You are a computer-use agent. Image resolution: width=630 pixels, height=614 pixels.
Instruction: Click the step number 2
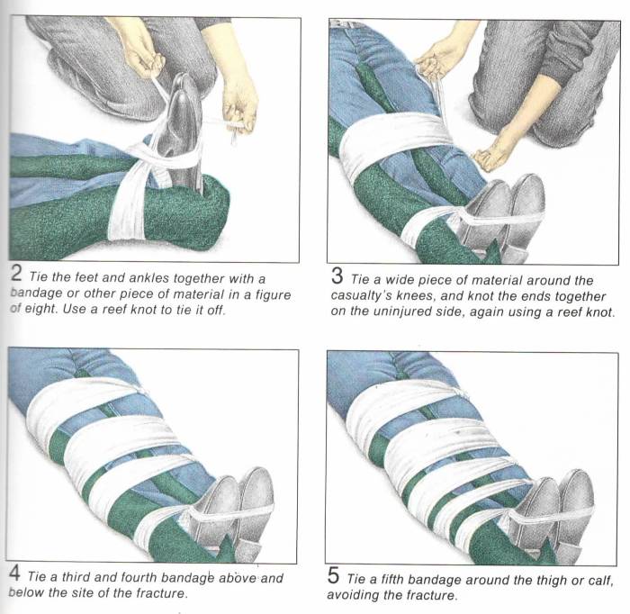click(x=16, y=274)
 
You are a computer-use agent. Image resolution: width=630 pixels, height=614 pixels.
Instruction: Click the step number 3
click(x=337, y=276)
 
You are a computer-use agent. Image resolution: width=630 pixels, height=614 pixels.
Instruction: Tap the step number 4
click(x=14, y=573)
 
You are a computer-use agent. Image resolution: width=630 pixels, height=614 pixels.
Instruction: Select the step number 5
click(x=334, y=575)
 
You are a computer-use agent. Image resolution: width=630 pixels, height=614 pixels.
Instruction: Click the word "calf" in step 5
click(x=601, y=581)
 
